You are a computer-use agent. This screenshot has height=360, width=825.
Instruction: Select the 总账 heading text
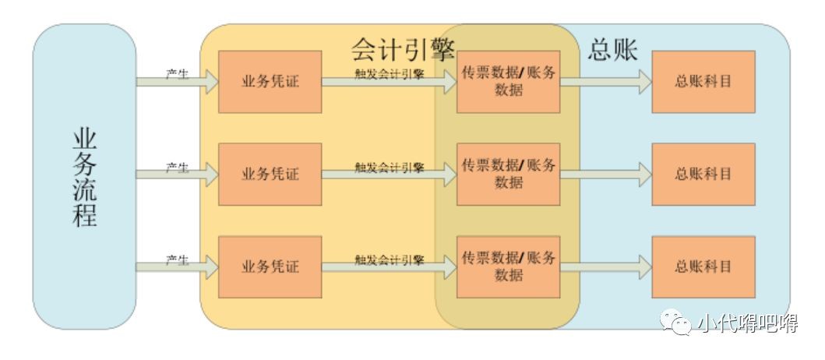612,50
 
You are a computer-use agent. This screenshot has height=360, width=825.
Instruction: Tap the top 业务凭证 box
270,82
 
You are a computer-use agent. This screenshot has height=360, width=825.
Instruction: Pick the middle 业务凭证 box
270,174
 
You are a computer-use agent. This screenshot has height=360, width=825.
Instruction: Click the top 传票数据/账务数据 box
508,82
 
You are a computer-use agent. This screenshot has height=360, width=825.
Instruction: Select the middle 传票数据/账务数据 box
508,174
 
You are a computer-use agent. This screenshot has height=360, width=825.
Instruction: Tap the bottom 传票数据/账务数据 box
508,266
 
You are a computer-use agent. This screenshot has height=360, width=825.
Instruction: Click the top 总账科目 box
703,82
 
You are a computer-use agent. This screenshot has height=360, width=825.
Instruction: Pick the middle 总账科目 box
703,174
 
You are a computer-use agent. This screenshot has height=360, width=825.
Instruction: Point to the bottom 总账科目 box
703,266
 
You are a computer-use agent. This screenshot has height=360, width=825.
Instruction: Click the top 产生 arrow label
178,74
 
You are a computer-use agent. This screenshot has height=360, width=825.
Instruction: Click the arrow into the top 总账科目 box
605,82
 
